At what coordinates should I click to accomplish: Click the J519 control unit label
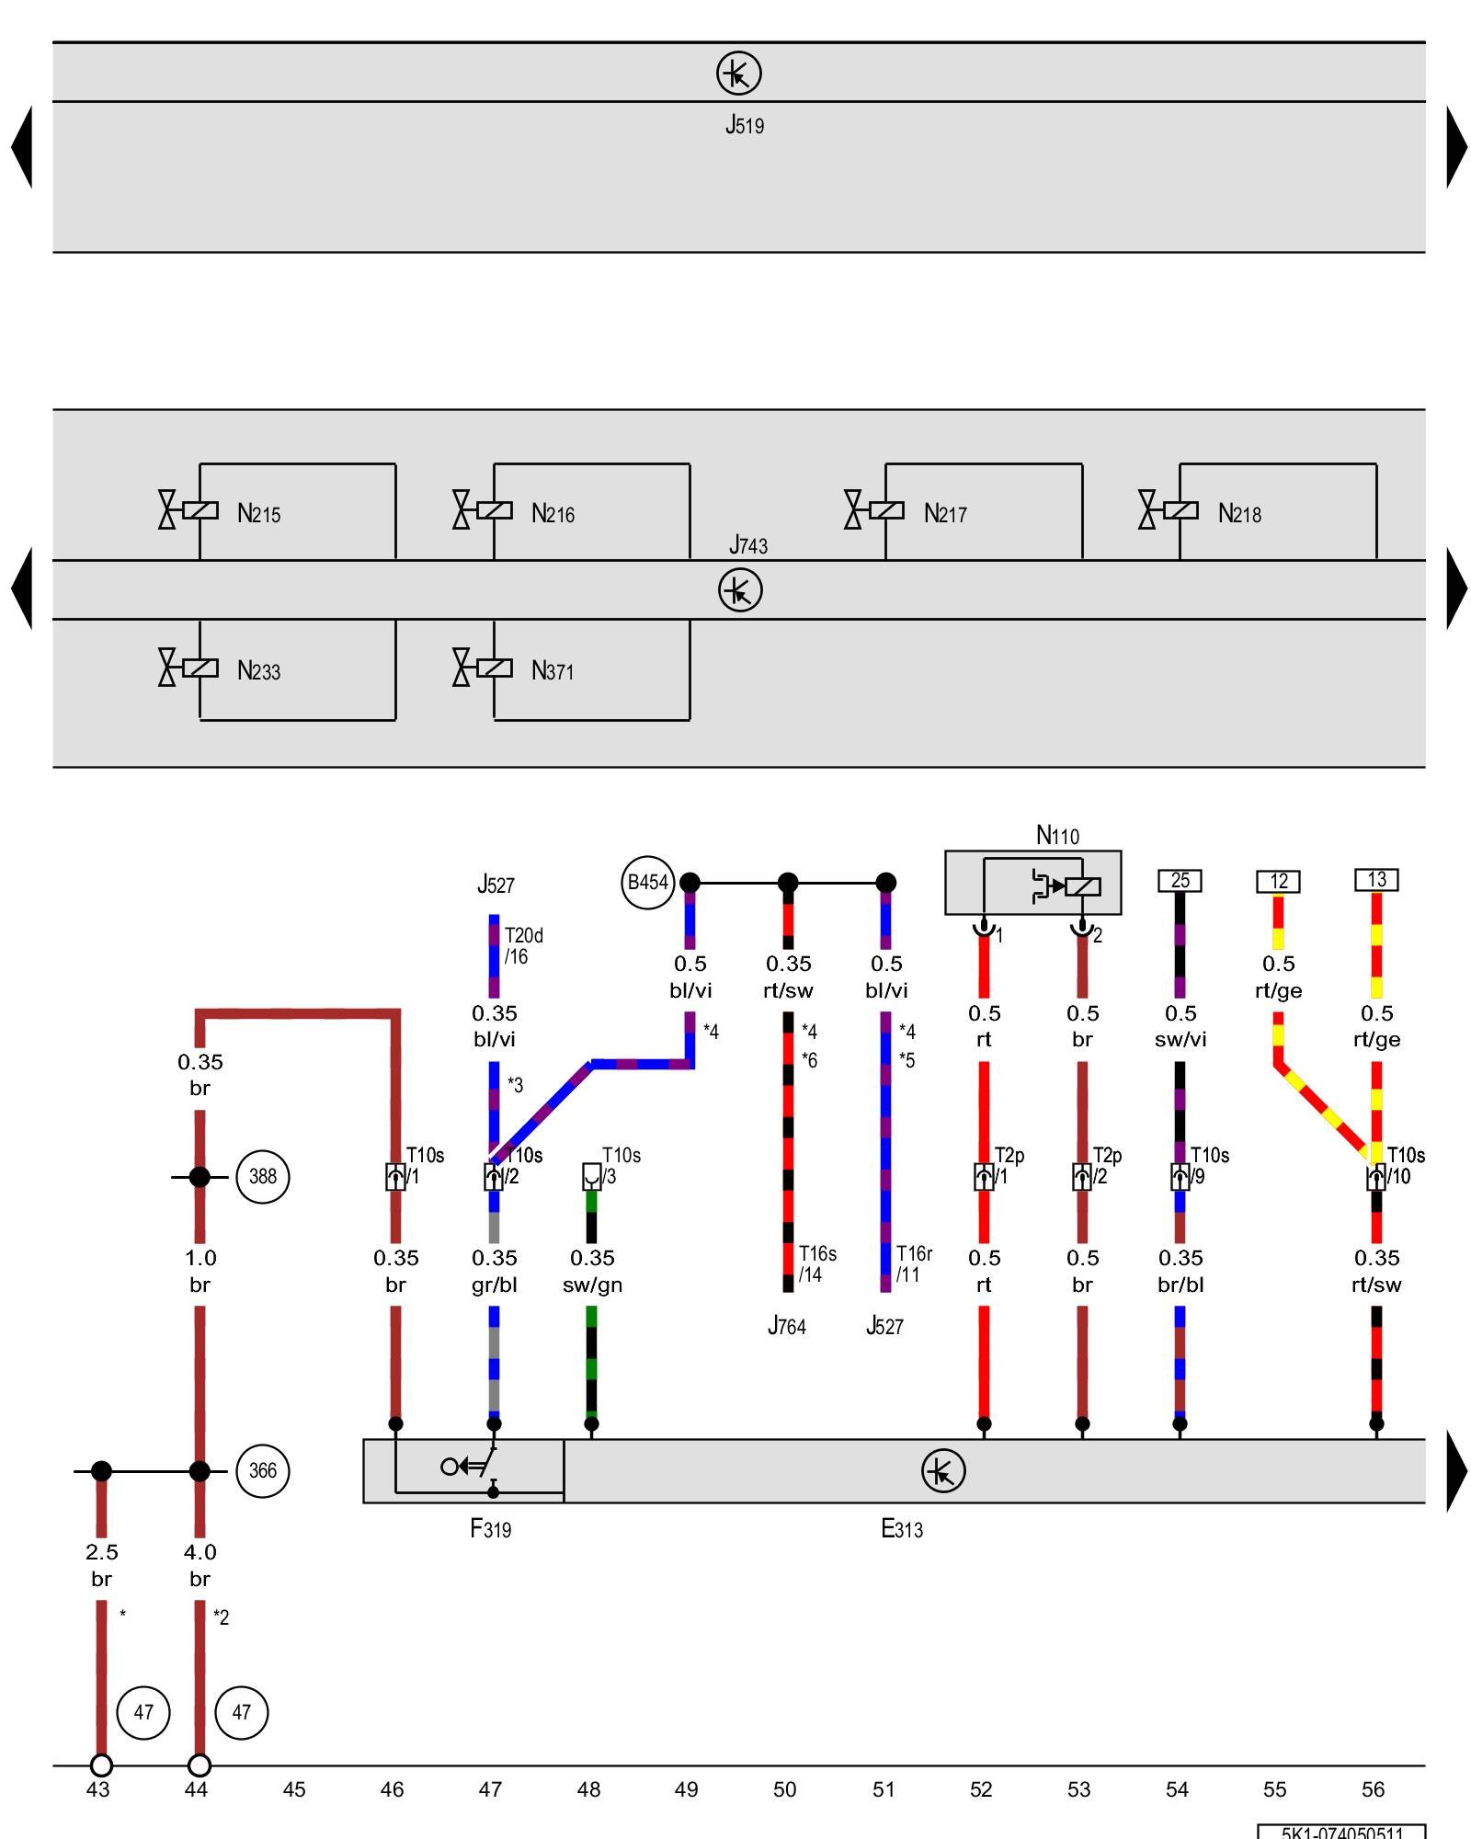click(x=744, y=125)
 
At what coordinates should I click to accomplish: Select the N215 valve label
click(x=258, y=513)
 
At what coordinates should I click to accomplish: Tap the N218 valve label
click(x=1238, y=513)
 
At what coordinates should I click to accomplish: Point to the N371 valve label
click(x=552, y=670)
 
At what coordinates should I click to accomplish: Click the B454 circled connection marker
click(x=647, y=883)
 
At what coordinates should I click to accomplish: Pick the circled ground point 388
click(x=263, y=1176)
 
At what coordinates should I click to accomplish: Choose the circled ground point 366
click(x=263, y=1470)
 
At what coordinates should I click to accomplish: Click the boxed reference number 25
click(x=1180, y=881)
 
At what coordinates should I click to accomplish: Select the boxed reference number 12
click(x=1278, y=881)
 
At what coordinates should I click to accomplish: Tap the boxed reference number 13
click(x=1376, y=880)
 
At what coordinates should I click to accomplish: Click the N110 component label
click(x=1057, y=835)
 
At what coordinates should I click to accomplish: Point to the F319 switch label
click(x=490, y=1528)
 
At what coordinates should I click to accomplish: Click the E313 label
click(x=901, y=1528)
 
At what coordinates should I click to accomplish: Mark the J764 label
click(x=786, y=1326)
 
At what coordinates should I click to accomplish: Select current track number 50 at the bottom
click(x=784, y=1789)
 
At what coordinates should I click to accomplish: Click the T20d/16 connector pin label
click(x=523, y=945)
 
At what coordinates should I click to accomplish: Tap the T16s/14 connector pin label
click(x=816, y=1263)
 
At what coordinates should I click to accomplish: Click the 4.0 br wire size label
click(x=200, y=1565)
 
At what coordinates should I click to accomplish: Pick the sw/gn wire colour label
click(x=592, y=1285)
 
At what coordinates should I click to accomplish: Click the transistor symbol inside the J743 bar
click(x=740, y=590)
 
